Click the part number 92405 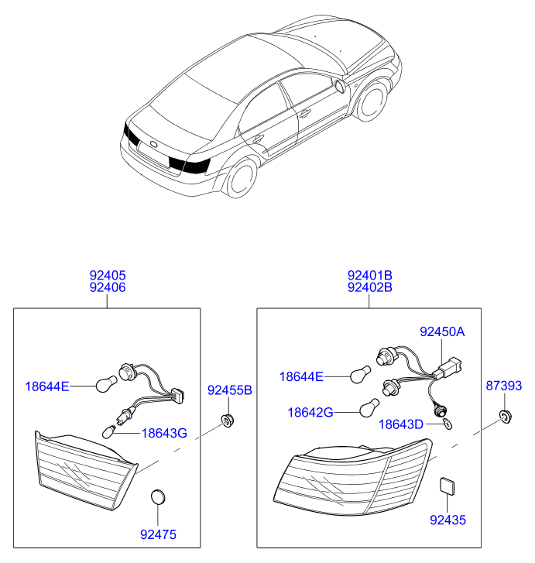pos(108,276)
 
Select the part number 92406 pos(108,287)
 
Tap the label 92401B pos(370,276)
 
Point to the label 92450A pos(442,331)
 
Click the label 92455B pos(230,390)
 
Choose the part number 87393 pos(504,386)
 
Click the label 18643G pos(164,434)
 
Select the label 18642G pos(310,413)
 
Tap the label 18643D pos(401,424)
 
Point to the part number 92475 pos(158,534)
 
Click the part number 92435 pos(448,520)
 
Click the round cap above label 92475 pos(158,497)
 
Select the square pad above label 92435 pos(448,486)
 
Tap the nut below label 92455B pos(228,420)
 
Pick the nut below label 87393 pos(506,417)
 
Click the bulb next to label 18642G pos(369,408)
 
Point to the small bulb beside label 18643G pos(109,431)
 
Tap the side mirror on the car pos(340,86)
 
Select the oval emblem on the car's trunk pos(153,145)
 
